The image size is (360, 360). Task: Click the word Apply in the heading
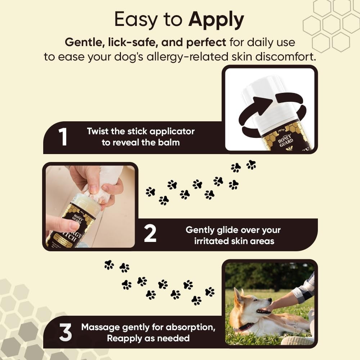coord(216,21)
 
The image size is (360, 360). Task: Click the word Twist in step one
coord(98,131)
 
